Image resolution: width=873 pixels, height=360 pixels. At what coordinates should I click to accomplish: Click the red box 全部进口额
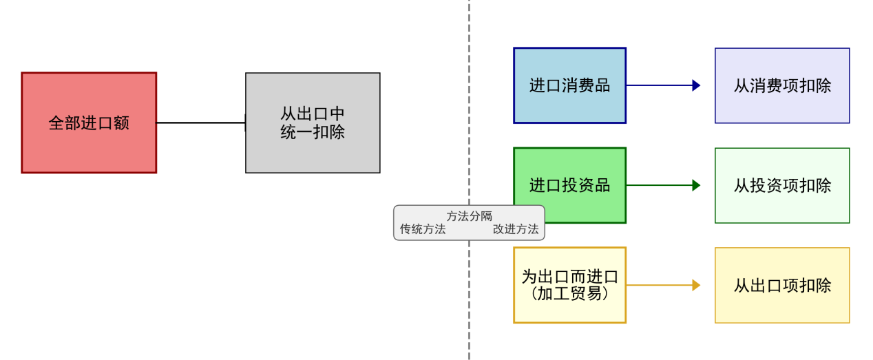tap(89, 123)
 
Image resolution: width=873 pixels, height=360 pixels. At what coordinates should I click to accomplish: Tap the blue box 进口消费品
tap(569, 85)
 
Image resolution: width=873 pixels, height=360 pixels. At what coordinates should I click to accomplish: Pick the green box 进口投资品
tap(569, 185)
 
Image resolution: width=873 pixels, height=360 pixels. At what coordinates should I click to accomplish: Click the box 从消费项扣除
tap(782, 85)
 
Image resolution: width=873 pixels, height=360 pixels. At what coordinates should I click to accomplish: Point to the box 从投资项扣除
tap(782, 185)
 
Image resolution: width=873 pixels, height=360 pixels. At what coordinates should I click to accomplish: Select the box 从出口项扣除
tap(782, 285)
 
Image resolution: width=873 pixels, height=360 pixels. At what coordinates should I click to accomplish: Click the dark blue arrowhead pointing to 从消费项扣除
tap(696, 85)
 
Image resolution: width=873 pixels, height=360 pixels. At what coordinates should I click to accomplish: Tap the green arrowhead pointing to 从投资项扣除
tap(696, 185)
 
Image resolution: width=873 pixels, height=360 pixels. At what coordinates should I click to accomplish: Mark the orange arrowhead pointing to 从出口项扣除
tap(696, 285)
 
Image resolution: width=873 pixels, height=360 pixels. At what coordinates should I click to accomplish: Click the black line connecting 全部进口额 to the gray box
tap(200, 123)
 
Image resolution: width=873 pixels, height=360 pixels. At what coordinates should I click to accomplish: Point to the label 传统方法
tap(423, 229)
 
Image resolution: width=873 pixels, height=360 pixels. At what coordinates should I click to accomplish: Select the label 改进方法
tap(516, 229)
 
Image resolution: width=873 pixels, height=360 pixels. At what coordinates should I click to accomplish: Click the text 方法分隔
tap(469, 216)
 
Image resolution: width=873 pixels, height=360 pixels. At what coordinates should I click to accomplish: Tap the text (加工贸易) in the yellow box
tap(569, 293)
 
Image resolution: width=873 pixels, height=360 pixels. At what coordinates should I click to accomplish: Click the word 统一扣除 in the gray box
tap(313, 132)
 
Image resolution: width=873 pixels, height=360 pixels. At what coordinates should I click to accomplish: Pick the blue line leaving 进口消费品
tap(658, 85)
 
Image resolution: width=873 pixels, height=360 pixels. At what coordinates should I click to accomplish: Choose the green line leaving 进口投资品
tap(658, 185)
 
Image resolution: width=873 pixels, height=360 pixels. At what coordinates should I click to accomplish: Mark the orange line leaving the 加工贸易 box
tap(658, 285)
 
